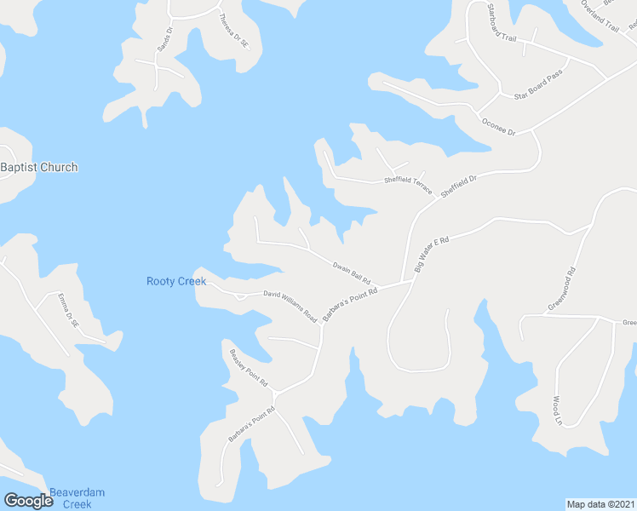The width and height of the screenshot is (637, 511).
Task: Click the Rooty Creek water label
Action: [x=176, y=281]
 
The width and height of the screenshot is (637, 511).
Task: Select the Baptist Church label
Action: [x=39, y=167]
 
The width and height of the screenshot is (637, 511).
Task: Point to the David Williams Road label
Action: [x=290, y=306]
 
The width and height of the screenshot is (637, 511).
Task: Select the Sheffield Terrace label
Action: [x=409, y=181]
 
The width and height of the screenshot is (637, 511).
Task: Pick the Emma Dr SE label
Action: [x=67, y=312]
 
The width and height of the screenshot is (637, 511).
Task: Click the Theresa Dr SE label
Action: [x=232, y=30]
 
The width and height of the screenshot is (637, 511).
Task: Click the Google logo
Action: [x=28, y=501]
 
